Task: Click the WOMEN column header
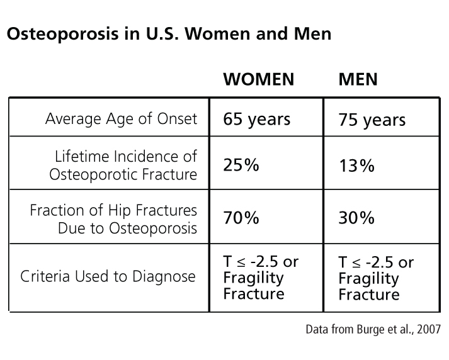point(258,79)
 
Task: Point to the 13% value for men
point(356,166)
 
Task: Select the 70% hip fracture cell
point(241,218)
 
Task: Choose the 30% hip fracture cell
point(356,218)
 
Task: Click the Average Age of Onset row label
point(121,119)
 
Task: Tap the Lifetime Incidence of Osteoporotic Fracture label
point(123,165)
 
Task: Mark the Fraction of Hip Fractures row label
point(113,218)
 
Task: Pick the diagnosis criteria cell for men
point(375,278)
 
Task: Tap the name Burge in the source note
point(370,329)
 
